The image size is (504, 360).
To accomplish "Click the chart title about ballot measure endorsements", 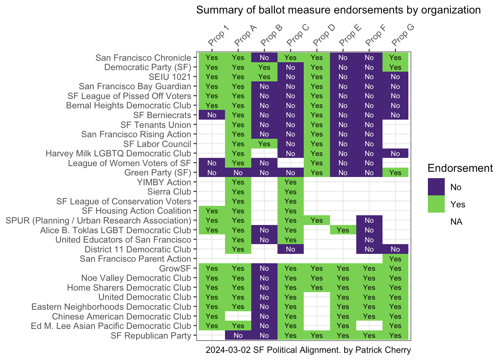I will (338, 10).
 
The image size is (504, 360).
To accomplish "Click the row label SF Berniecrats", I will (162, 115).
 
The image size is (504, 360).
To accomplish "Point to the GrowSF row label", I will (175, 268).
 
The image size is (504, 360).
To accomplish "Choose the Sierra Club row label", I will (169, 192).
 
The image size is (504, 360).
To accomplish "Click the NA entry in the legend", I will (456, 222).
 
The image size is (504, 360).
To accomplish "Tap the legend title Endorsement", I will (460, 168).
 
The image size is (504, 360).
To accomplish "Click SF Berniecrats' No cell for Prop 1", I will (212, 115).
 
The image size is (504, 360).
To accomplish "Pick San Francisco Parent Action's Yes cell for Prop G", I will (395, 259).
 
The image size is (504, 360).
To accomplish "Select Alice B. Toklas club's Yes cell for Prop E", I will (343, 230).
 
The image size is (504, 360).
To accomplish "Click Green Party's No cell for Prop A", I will (238, 173).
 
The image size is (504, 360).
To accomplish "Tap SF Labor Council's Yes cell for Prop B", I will (264, 144).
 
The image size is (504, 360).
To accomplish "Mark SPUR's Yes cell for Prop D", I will (317, 220).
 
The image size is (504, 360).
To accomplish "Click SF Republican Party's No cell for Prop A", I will (238, 336).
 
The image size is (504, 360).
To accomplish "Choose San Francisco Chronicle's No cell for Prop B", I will (264, 58).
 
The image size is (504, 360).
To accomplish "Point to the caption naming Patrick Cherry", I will (308, 350).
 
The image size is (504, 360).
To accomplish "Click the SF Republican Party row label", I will (151, 336).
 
